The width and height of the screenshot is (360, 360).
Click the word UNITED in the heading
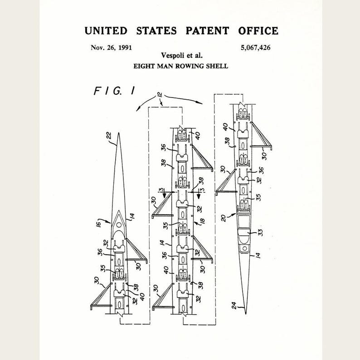106,31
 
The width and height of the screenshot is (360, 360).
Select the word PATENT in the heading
207,31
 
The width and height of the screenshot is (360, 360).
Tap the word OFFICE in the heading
258,31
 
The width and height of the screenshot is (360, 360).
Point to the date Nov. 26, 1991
112,48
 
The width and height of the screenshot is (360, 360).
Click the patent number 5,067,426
256,48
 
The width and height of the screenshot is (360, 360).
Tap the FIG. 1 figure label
114,91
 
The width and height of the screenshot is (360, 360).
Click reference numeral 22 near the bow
109,135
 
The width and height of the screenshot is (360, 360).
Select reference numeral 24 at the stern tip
234,305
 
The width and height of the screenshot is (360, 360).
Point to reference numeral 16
98,224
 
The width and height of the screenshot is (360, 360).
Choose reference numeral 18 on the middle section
202,221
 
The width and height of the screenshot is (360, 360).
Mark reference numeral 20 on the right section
224,218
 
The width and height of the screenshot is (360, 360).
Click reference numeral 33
261,232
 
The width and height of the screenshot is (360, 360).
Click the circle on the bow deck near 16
119,225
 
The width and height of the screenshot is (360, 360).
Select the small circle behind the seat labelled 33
244,248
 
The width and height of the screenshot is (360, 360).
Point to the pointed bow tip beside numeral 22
118,133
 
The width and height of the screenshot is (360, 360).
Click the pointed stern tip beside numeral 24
246,314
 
